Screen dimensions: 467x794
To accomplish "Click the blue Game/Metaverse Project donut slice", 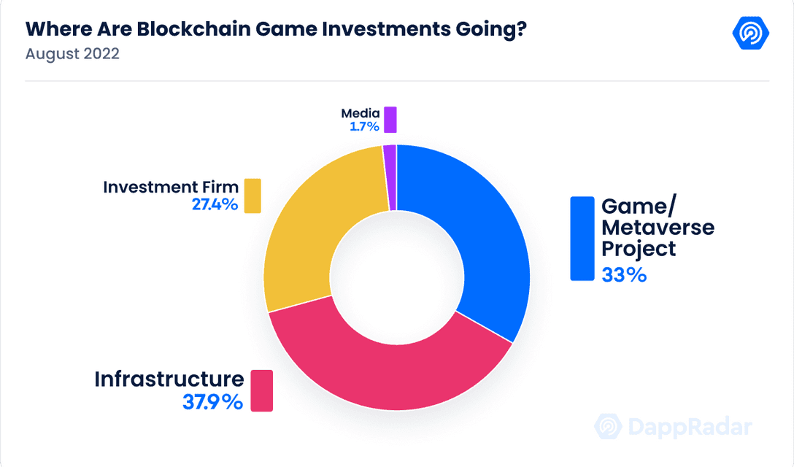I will point(482,233).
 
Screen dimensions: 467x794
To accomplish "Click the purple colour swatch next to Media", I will point(390,120).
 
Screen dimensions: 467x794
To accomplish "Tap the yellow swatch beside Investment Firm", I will point(253,196).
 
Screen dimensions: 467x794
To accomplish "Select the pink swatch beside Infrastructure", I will point(261,390).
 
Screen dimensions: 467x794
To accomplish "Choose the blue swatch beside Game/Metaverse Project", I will point(582,239).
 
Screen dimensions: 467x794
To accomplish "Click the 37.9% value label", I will point(212,401).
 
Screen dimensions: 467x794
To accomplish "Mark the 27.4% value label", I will point(215,204).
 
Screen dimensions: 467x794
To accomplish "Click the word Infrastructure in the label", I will point(169,379).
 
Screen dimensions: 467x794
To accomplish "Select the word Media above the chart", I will point(361,113).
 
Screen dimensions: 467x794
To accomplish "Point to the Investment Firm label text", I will point(171,187).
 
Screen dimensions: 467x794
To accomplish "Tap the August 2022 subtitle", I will point(72,55).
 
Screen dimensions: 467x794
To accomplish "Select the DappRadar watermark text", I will point(688,428).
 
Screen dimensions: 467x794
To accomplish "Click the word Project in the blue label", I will point(638,249).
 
